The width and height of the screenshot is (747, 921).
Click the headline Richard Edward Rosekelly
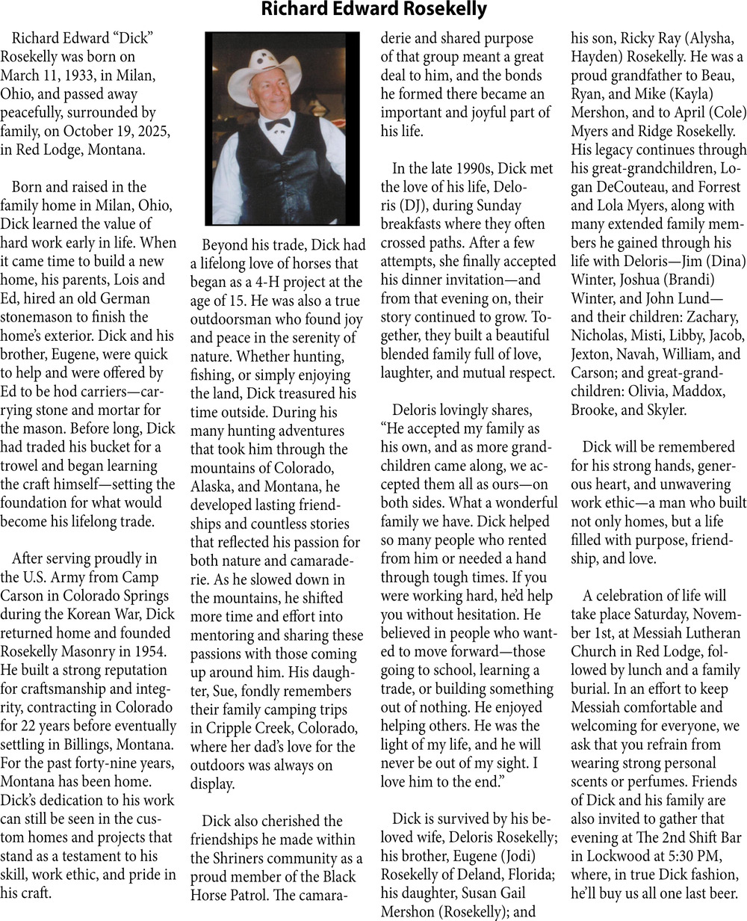(x=373, y=10)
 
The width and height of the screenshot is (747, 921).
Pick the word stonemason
(x=37, y=317)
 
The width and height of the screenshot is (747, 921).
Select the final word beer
(x=723, y=893)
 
